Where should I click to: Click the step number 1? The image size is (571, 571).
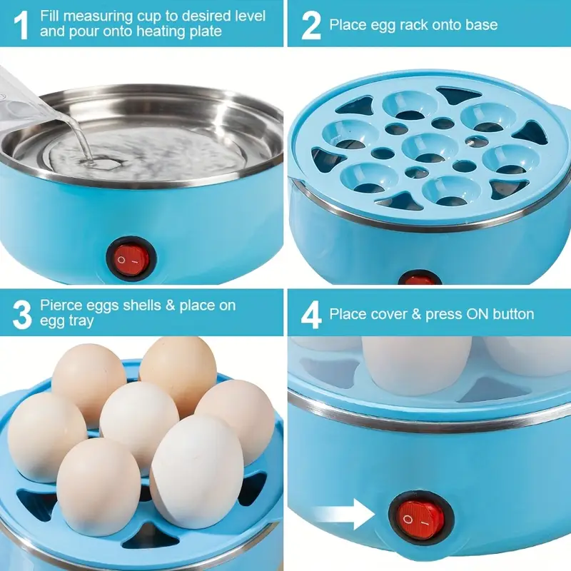(21, 23)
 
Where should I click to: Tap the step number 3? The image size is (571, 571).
(22, 313)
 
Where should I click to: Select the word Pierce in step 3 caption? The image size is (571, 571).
(61, 305)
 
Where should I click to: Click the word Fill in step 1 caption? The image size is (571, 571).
(51, 15)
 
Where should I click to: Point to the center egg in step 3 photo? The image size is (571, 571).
(138, 417)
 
